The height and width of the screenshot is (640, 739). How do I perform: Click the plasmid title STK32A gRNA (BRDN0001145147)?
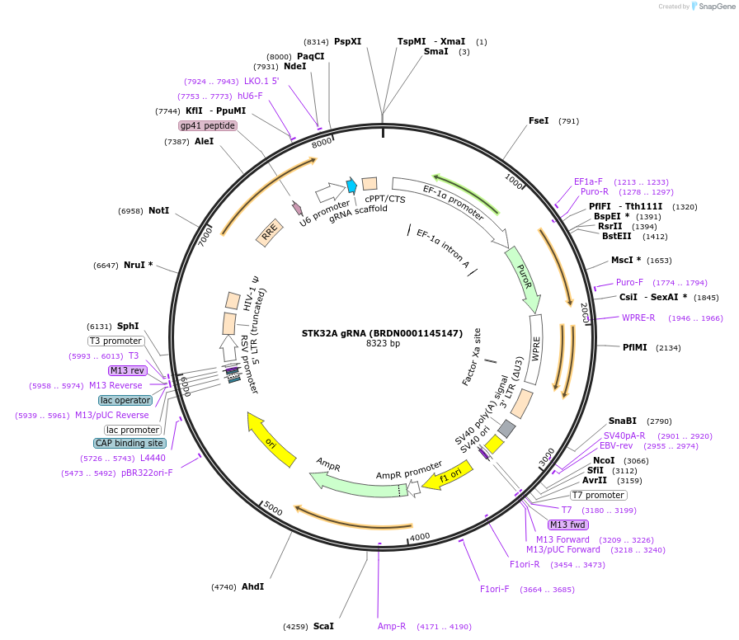click(x=382, y=333)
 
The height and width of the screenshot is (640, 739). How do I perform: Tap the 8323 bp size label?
click(x=383, y=344)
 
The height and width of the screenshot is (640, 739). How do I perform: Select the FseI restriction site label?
click(x=539, y=121)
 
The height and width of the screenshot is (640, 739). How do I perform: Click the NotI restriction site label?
click(x=158, y=210)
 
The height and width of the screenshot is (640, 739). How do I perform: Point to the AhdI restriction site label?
click(x=252, y=586)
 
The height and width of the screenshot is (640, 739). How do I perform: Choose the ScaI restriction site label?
click(x=323, y=626)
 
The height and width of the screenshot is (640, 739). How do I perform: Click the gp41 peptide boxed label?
click(x=208, y=125)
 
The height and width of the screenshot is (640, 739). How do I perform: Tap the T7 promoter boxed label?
click(x=598, y=495)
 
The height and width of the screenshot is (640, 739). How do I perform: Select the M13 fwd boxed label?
click(x=568, y=525)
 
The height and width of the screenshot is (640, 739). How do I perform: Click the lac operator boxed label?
click(x=125, y=400)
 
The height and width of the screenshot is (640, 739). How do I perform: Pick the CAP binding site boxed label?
click(x=129, y=443)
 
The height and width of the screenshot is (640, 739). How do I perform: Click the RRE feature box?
click(x=270, y=235)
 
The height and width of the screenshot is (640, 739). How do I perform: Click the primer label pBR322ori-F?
click(x=147, y=473)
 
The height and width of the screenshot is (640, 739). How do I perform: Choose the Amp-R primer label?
click(x=392, y=626)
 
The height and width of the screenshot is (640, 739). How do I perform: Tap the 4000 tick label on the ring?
click(x=421, y=537)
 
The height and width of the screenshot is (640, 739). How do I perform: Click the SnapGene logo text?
click(x=713, y=6)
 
